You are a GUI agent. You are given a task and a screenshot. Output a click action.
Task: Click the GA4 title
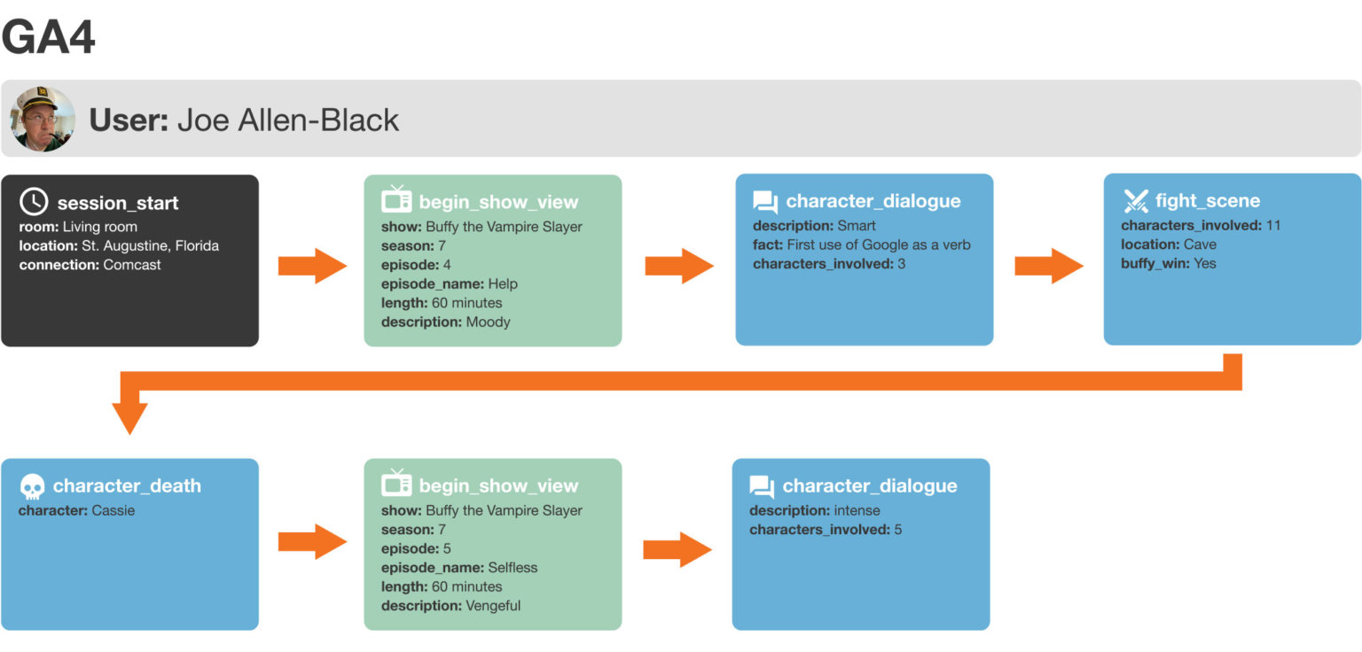tap(49, 37)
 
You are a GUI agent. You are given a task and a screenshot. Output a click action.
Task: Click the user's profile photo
tap(43, 119)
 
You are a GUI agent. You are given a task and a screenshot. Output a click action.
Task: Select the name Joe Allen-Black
tap(288, 120)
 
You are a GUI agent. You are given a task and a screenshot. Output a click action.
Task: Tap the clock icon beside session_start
tap(34, 202)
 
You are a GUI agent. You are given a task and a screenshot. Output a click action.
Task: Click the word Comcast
tap(132, 264)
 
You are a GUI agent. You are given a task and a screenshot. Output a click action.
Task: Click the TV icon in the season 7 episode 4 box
tap(396, 200)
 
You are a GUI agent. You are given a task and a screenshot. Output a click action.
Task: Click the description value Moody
tap(488, 322)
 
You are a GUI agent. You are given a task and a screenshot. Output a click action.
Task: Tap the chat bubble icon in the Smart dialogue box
tap(765, 202)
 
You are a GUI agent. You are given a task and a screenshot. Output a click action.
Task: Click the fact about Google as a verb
tap(878, 244)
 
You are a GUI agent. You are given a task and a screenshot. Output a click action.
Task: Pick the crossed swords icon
tap(1136, 201)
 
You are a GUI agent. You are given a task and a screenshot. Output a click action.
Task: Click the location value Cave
tap(1200, 244)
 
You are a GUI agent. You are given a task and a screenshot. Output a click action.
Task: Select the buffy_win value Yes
tap(1205, 263)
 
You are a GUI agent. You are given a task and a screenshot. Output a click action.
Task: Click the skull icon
tap(32, 486)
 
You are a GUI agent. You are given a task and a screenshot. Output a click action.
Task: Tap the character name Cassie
tap(113, 510)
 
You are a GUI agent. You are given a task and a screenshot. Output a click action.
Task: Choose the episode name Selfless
tap(513, 567)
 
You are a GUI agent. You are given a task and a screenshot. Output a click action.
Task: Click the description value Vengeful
tap(493, 606)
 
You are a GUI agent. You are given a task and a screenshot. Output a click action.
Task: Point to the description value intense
tap(857, 510)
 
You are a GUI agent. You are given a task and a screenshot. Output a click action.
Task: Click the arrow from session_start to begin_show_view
tap(312, 266)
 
